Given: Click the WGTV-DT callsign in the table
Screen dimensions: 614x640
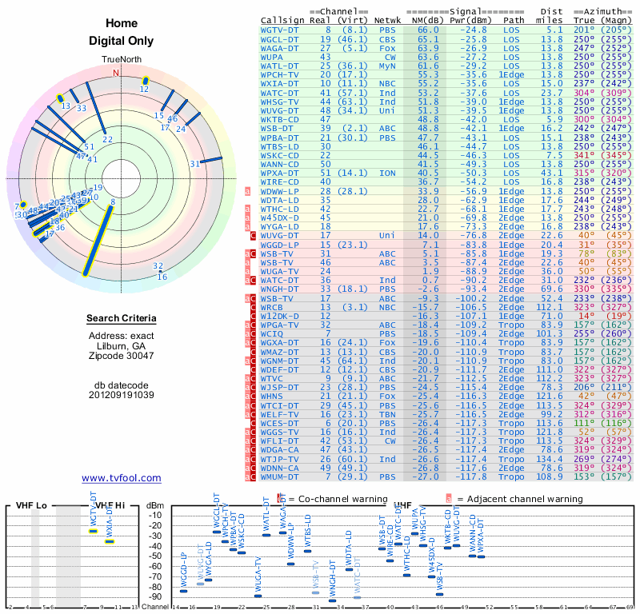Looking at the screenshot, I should click(279, 30).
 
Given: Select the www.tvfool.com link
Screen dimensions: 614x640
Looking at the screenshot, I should click(121, 478).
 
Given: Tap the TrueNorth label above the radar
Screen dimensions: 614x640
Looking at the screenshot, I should click(121, 60).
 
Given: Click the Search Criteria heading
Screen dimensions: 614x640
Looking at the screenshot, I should click(121, 319).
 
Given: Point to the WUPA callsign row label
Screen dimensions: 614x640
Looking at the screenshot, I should click(274, 57).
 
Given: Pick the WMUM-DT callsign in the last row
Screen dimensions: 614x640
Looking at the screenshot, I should click(279, 476).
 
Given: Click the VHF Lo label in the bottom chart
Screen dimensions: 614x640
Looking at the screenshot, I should click(31, 505).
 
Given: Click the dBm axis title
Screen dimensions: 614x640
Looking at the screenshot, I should click(155, 505).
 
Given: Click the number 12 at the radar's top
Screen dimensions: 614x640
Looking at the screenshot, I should click(144, 90).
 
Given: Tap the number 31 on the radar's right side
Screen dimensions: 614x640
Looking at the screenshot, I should click(194, 164).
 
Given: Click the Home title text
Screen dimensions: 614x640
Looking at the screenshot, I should click(121, 23).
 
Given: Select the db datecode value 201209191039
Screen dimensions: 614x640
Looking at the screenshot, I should click(121, 395).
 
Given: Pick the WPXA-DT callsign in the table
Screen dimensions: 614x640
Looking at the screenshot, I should click(279, 172).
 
